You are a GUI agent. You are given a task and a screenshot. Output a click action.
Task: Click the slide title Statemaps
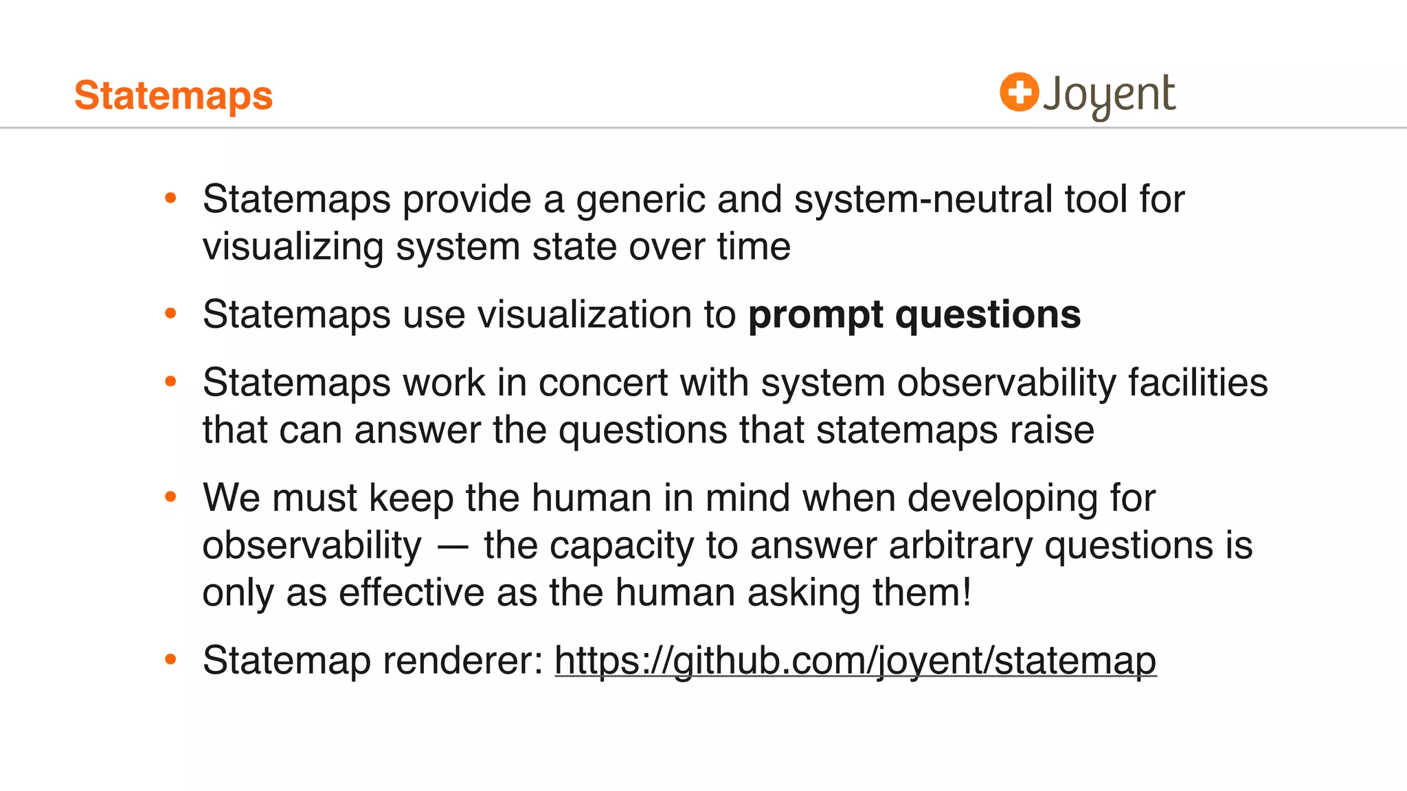coord(173,95)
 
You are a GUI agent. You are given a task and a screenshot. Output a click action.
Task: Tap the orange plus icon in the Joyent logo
coord(1019,92)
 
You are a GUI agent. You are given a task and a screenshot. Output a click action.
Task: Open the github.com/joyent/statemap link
coord(855,661)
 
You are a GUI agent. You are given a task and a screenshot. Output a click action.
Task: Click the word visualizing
coord(293,247)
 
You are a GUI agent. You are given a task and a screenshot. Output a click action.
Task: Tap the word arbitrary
coord(960,546)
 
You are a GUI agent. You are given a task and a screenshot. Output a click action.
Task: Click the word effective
coord(412,593)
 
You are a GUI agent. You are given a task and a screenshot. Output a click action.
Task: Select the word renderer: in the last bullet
coord(463,661)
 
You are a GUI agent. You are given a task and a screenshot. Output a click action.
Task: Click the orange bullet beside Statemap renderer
coord(171,660)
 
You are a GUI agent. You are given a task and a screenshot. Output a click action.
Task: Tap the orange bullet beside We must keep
coord(171,496)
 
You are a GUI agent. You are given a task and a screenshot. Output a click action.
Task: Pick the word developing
coord(1002,499)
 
